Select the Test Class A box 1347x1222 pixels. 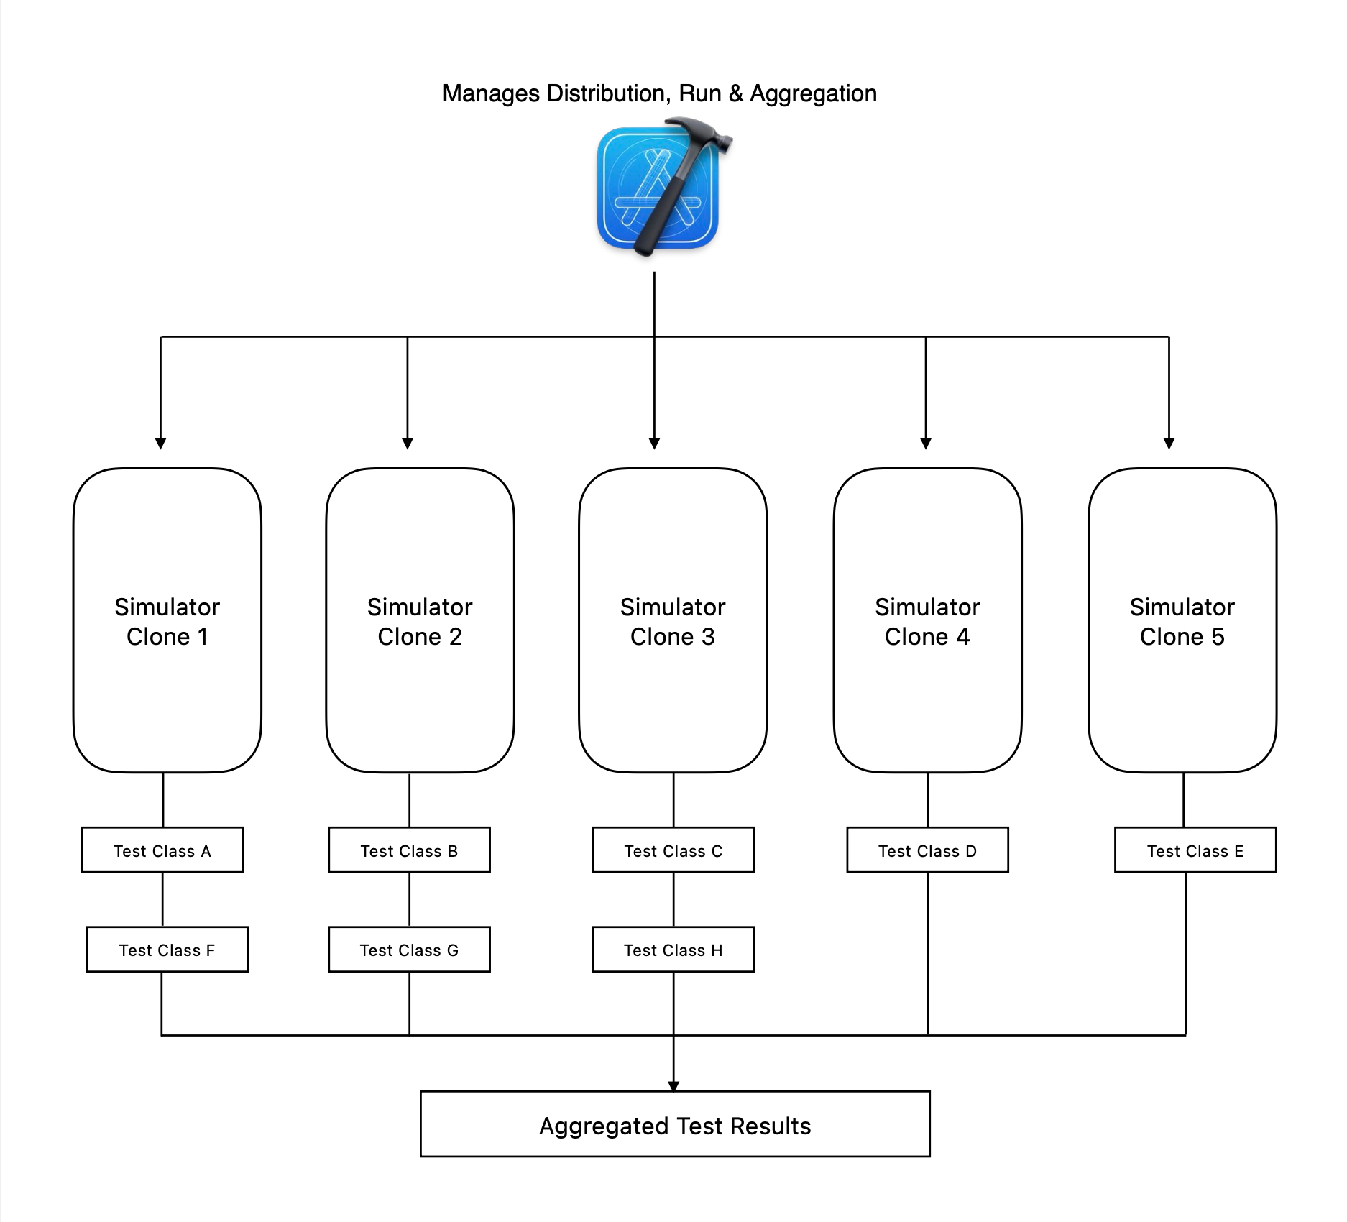(162, 850)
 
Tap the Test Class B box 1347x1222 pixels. (409, 850)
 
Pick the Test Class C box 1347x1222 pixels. (673, 850)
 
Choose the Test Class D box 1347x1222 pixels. (927, 850)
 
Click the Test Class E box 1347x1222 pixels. (1195, 850)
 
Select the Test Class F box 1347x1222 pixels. (167, 950)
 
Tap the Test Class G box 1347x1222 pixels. (409, 950)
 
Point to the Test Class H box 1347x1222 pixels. (673, 950)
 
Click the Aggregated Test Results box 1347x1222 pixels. (675, 1124)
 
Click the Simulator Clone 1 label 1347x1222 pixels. (167, 622)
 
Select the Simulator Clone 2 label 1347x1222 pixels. (420, 622)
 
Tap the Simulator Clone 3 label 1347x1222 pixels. (673, 622)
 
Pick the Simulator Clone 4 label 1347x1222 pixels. (927, 622)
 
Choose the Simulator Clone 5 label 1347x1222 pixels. (1182, 622)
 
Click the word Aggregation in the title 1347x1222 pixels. (814, 94)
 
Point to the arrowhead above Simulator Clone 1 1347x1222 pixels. (161, 444)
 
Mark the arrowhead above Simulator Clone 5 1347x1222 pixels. (1169, 444)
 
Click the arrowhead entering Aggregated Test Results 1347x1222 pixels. (673, 1086)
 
